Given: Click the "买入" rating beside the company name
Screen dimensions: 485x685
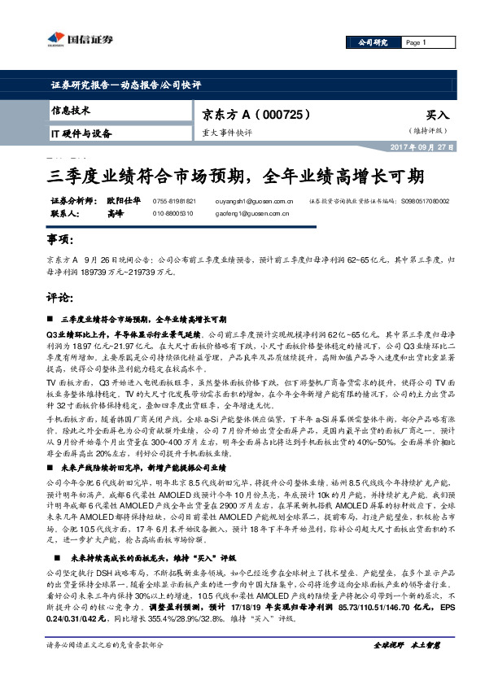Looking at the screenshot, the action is [438, 116].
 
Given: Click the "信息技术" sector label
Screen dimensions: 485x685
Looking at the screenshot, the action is [71, 110].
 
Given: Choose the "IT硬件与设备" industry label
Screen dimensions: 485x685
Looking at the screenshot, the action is [81, 133].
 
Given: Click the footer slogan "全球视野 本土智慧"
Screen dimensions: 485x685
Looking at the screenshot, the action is [406, 668].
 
